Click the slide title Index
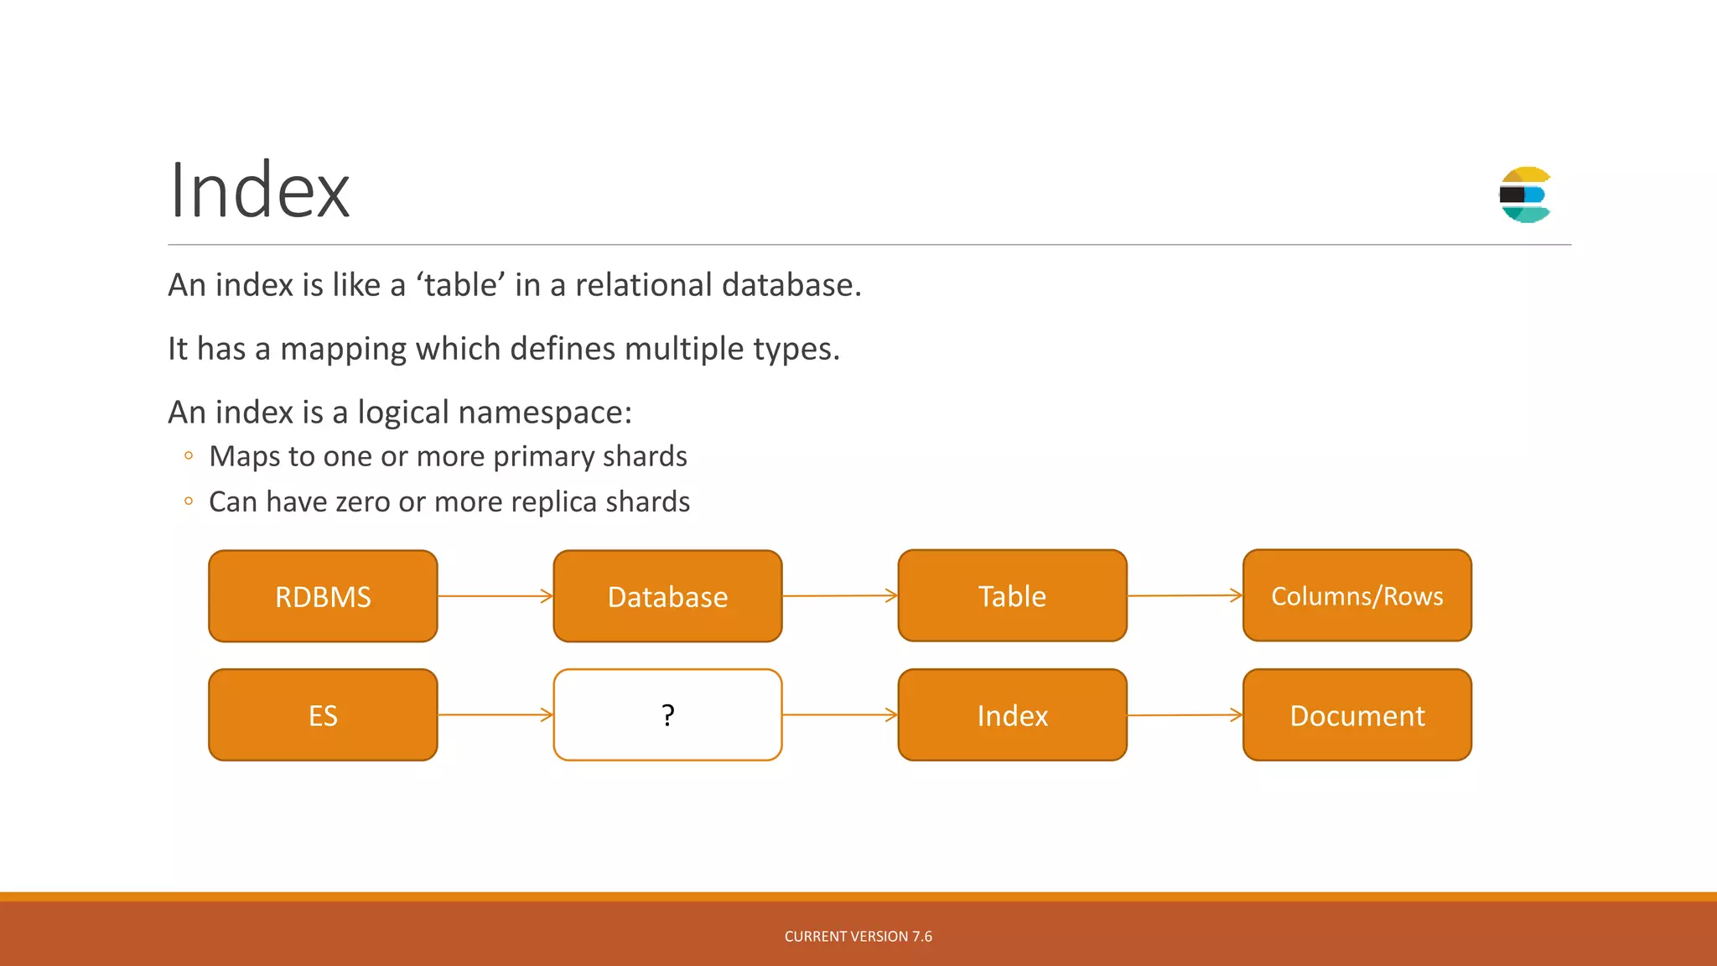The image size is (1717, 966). point(259,191)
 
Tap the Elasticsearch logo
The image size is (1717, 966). point(1525,195)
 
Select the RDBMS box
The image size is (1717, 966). point(323,596)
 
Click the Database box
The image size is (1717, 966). point(667,596)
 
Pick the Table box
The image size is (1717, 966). point(1012,595)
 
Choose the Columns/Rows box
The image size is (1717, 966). point(1356,595)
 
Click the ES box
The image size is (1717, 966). point(323,715)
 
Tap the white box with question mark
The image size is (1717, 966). point(667,715)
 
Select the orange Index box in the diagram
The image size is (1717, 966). point(1012,715)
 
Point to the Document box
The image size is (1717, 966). point(1356,715)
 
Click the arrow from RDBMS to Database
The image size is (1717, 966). point(495,596)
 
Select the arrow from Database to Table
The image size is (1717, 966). point(839,596)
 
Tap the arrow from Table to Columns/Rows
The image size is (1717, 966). point(1184,595)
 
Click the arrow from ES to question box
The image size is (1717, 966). point(495,715)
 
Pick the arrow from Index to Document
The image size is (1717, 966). point(1184,715)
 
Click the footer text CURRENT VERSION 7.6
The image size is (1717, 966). point(858,937)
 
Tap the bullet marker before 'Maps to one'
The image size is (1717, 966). point(189,456)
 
